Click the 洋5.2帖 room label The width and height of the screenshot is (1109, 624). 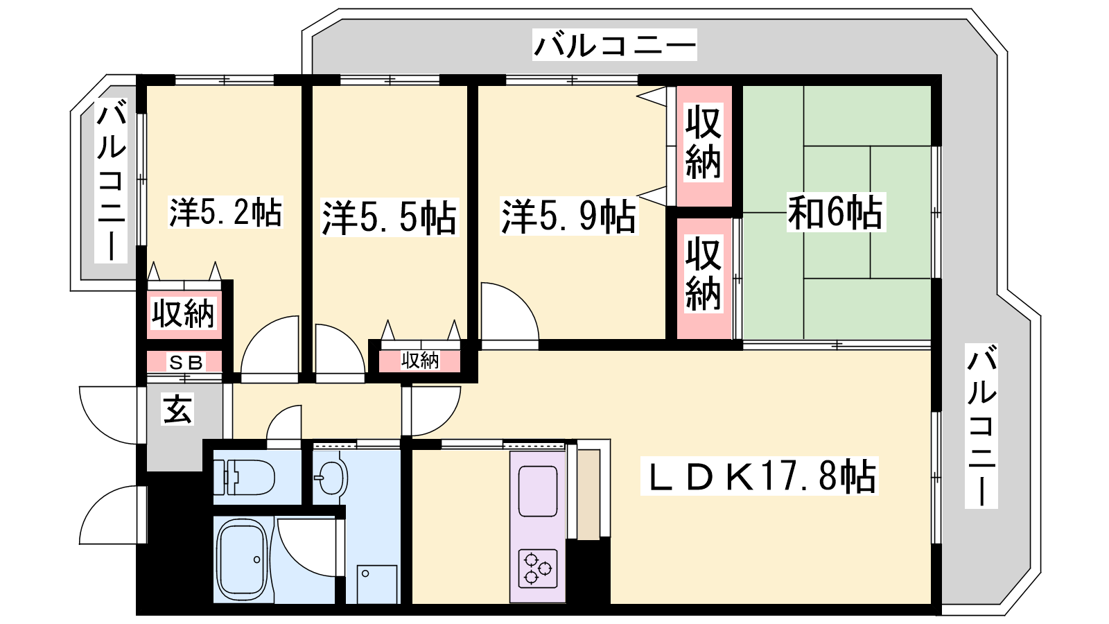(x=226, y=212)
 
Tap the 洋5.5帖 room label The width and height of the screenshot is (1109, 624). (x=389, y=218)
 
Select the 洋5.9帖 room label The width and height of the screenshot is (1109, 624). (x=569, y=216)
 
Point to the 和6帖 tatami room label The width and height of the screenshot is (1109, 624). (x=836, y=213)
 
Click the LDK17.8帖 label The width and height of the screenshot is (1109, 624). (x=759, y=476)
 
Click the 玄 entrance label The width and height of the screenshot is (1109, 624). (x=177, y=409)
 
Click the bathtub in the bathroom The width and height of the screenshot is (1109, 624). (x=244, y=560)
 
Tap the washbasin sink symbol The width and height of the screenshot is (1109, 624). (x=333, y=478)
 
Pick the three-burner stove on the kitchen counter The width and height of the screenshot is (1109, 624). (x=538, y=568)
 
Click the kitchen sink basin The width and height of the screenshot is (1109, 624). (x=538, y=492)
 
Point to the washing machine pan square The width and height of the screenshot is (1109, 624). (x=377, y=584)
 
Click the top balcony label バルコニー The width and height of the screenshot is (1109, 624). (x=614, y=44)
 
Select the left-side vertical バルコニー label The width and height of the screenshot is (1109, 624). (x=111, y=181)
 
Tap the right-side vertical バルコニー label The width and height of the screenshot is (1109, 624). (x=981, y=426)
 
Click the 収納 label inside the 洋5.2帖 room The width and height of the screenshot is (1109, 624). (x=184, y=314)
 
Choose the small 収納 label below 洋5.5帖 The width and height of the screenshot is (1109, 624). (x=420, y=361)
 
